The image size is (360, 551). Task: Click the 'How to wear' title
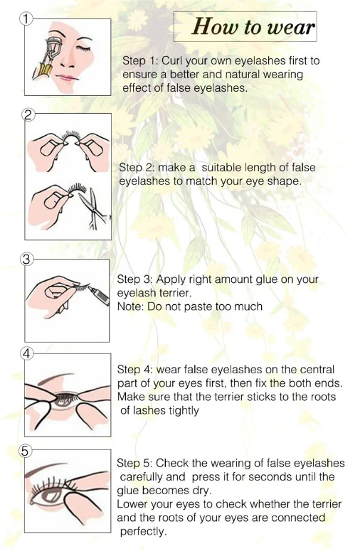253,27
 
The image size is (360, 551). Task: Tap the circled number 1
26,18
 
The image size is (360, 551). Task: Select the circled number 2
28,115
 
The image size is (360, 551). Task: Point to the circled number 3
26,260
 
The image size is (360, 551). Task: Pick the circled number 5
25,451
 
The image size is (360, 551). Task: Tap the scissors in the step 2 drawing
92,209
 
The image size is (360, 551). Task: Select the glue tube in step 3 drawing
98,295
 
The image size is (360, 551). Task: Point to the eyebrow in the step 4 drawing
55,378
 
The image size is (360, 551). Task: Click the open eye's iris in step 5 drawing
51,496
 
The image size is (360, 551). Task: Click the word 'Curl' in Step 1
172,61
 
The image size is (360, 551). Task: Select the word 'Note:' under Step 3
130,306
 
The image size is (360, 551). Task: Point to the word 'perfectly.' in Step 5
143,531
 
